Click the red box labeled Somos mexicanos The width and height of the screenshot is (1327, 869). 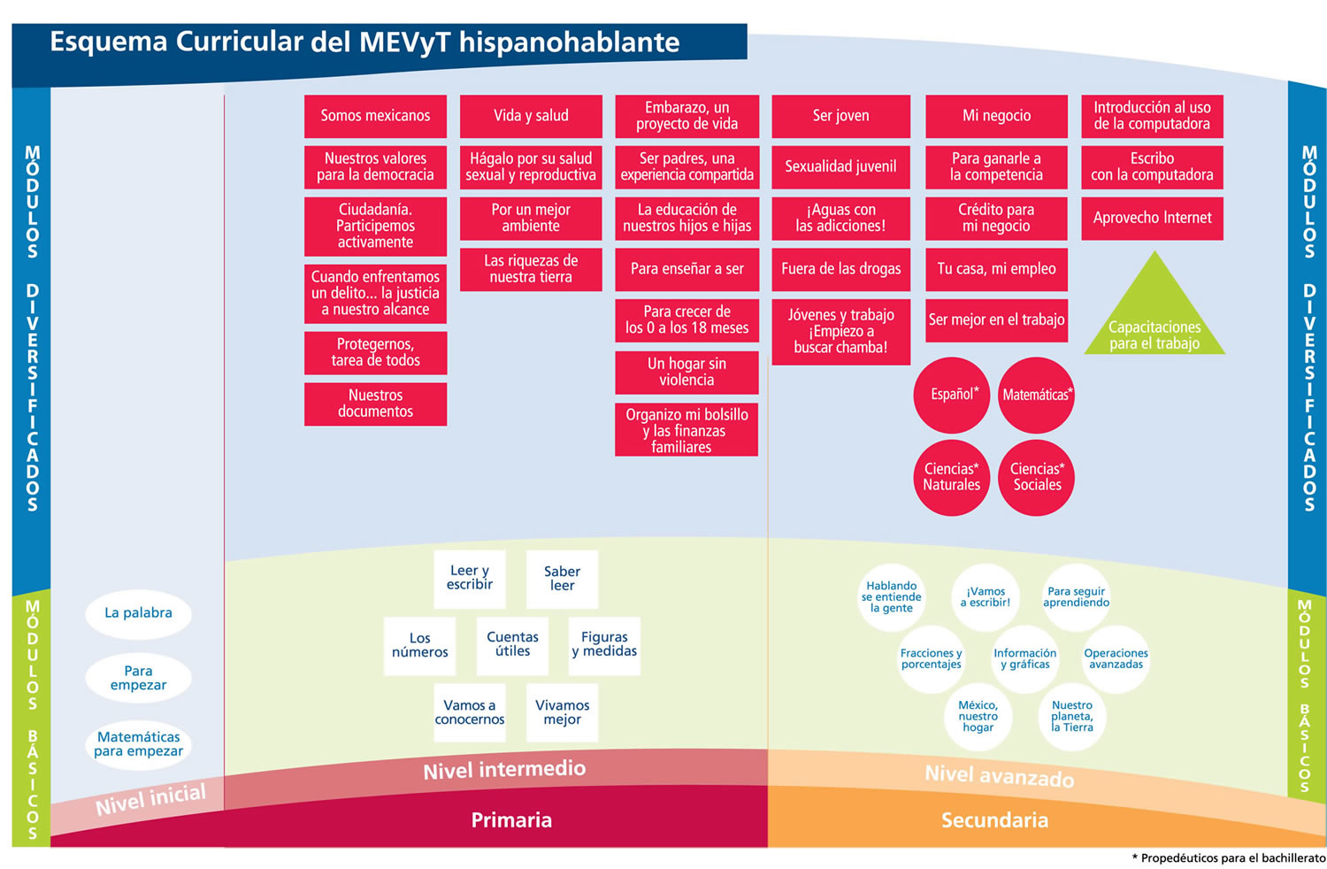point(375,116)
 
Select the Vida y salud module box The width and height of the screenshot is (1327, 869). point(531,116)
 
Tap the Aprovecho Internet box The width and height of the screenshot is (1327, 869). point(1152,218)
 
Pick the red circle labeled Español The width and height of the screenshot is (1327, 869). point(952,395)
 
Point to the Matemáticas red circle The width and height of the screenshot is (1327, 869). point(1036,395)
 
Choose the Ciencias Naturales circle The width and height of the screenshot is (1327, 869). point(952,477)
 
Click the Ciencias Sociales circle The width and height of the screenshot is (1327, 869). point(1036,477)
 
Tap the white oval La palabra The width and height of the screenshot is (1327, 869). point(138,612)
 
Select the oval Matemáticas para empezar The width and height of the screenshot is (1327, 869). point(138,744)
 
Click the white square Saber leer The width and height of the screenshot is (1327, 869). point(562,579)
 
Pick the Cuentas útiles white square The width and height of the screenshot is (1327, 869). point(512,644)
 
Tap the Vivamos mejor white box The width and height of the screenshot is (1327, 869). point(562,712)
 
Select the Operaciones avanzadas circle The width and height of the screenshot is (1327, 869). point(1116,659)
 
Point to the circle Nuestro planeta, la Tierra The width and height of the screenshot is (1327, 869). point(1072,717)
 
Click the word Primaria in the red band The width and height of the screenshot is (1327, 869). point(511,820)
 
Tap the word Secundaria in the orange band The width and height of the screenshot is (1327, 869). point(994,820)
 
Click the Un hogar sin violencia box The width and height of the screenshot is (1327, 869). point(687,372)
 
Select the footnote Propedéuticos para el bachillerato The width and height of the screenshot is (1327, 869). point(1232,858)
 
